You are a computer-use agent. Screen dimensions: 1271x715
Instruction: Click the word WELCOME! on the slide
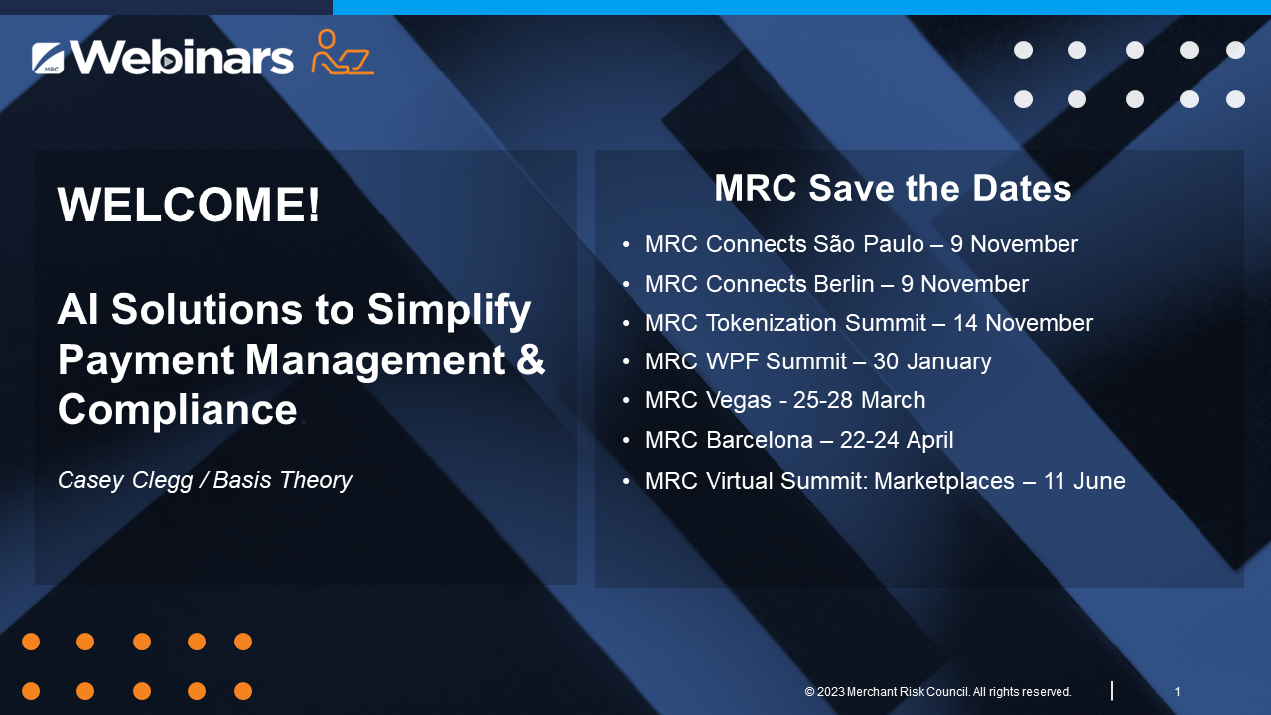[x=189, y=205]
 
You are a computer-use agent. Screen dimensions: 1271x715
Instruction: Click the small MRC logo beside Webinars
[x=48, y=58]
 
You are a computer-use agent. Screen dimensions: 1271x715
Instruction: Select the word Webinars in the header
[x=182, y=58]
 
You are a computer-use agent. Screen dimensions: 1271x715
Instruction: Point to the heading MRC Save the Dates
[x=893, y=188]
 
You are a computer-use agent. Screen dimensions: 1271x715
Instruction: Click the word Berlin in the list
[x=844, y=284]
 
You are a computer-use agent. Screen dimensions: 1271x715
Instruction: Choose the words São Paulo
[x=869, y=244]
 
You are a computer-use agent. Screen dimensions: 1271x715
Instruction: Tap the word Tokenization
[x=772, y=323]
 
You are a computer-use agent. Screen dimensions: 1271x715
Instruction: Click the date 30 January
[x=932, y=361]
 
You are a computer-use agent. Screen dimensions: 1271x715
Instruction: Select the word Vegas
[x=738, y=400]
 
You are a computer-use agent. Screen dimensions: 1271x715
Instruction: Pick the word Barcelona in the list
[x=760, y=440]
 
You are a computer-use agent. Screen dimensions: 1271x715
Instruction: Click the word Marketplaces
[x=944, y=480]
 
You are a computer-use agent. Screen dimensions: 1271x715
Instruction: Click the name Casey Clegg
[x=125, y=480]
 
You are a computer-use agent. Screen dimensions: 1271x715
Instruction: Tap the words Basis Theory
[x=283, y=480]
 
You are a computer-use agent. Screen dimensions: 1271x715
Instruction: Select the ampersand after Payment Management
[x=530, y=359]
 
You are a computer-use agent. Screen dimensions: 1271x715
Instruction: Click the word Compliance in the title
[x=178, y=409]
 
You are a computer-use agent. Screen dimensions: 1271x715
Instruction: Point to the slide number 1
[x=1178, y=692]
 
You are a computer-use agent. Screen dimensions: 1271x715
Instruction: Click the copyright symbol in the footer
[x=809, y=692]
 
